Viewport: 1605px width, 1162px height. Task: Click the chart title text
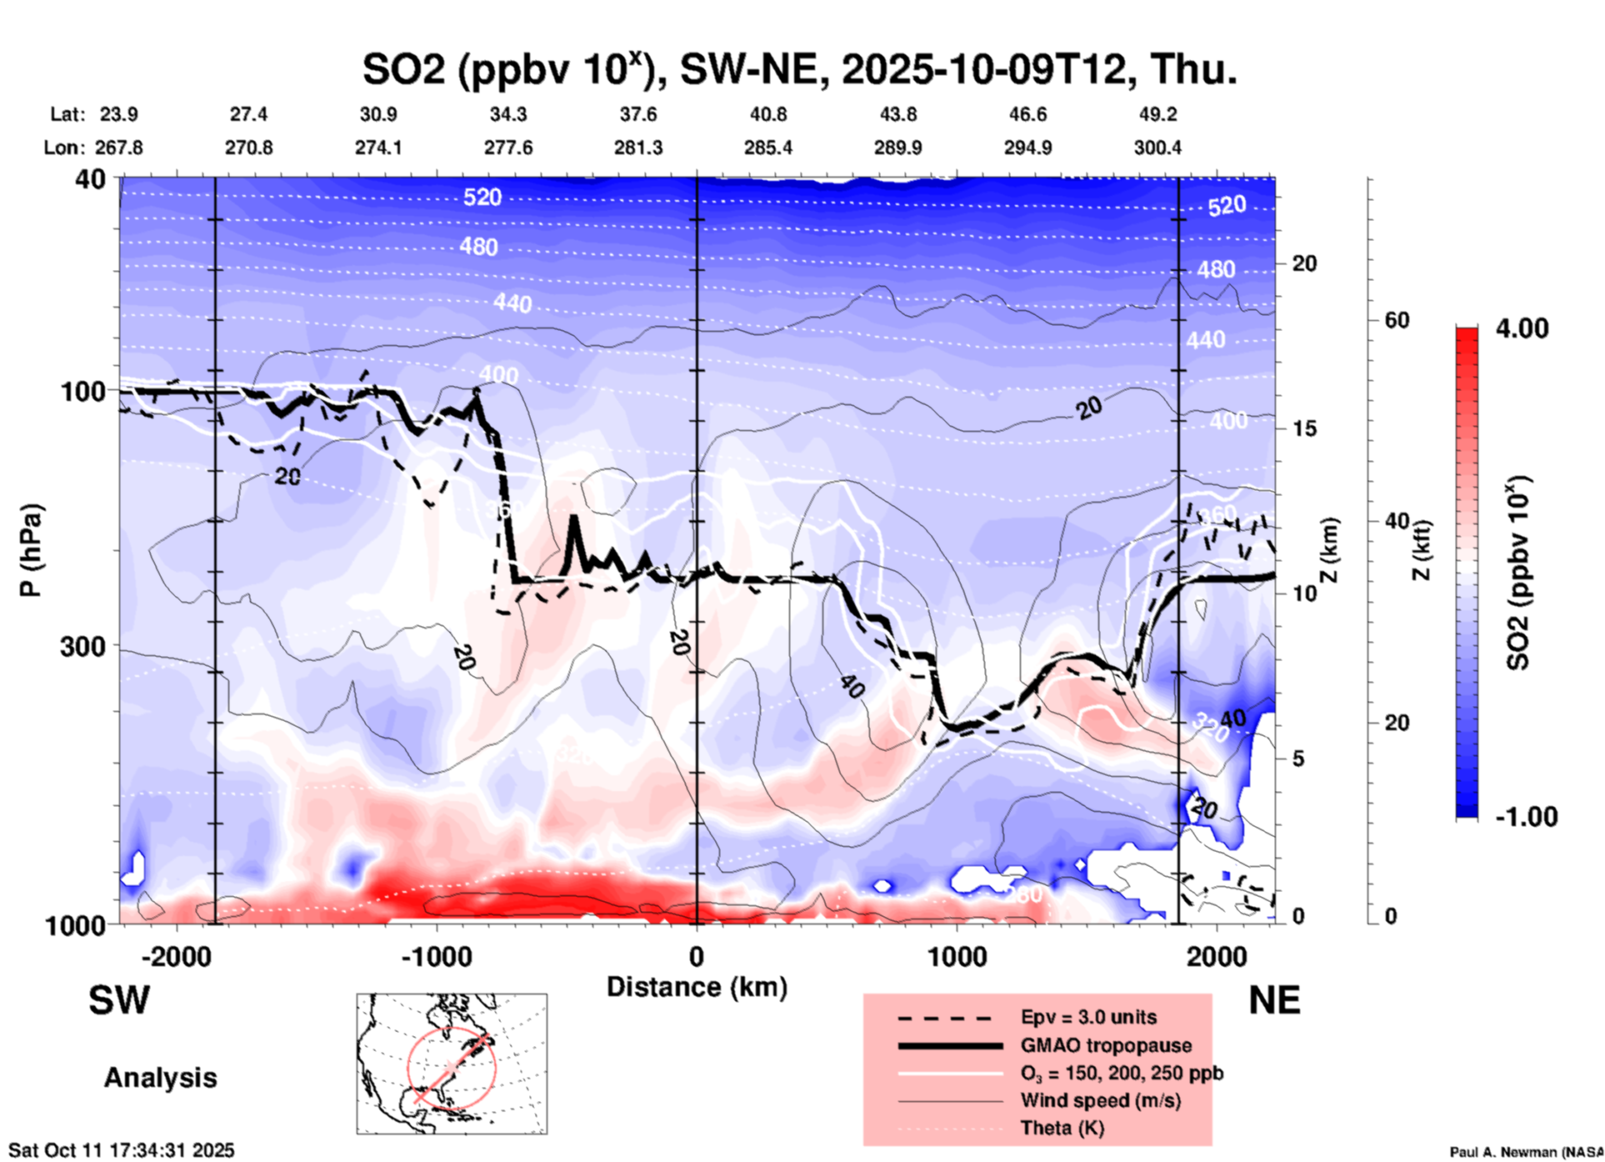pyautogui.click(x=799, y=68)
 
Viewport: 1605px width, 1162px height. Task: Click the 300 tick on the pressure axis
pyautogui.click(x=82, y=647)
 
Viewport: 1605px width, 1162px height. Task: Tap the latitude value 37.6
pyautogui.click(x=638, y=114)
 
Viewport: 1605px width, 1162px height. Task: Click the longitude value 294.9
pyautogui.click(x=1027, y=148)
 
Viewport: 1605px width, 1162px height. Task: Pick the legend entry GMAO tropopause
pyautogui.click(x=1106, y=1045)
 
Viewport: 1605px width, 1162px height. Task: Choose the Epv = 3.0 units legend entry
pyautogui.click(x=1088, y=1018)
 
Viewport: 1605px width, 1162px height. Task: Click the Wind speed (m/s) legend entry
pyautogui.click(x=1100, y=1100)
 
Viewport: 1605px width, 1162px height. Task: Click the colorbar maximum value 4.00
pyautogui.click(x=1522, y=328)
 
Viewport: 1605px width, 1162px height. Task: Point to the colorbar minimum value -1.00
pyautogui.click(x=1526, y=817)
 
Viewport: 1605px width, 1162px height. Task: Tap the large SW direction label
pyautogui.click(x=119, y=1000)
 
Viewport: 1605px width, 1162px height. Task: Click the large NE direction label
pyautogui.click(x=1274, y=1000)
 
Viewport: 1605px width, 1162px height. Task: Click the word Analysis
pyautogui.click(x=160, y=1078)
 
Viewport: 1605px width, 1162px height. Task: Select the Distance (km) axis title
pyautogui.click(x=697, y=987)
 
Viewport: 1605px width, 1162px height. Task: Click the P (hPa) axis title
pyautogui.click(x=31, y=550)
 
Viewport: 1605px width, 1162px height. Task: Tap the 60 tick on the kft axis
pyautogui.click(x=1396, y=320)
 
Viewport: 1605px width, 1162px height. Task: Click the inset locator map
pyautogui.click(x=452, y=1064)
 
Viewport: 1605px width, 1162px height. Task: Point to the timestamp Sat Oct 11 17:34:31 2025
pyautogui.click(x=122, y=1150)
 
